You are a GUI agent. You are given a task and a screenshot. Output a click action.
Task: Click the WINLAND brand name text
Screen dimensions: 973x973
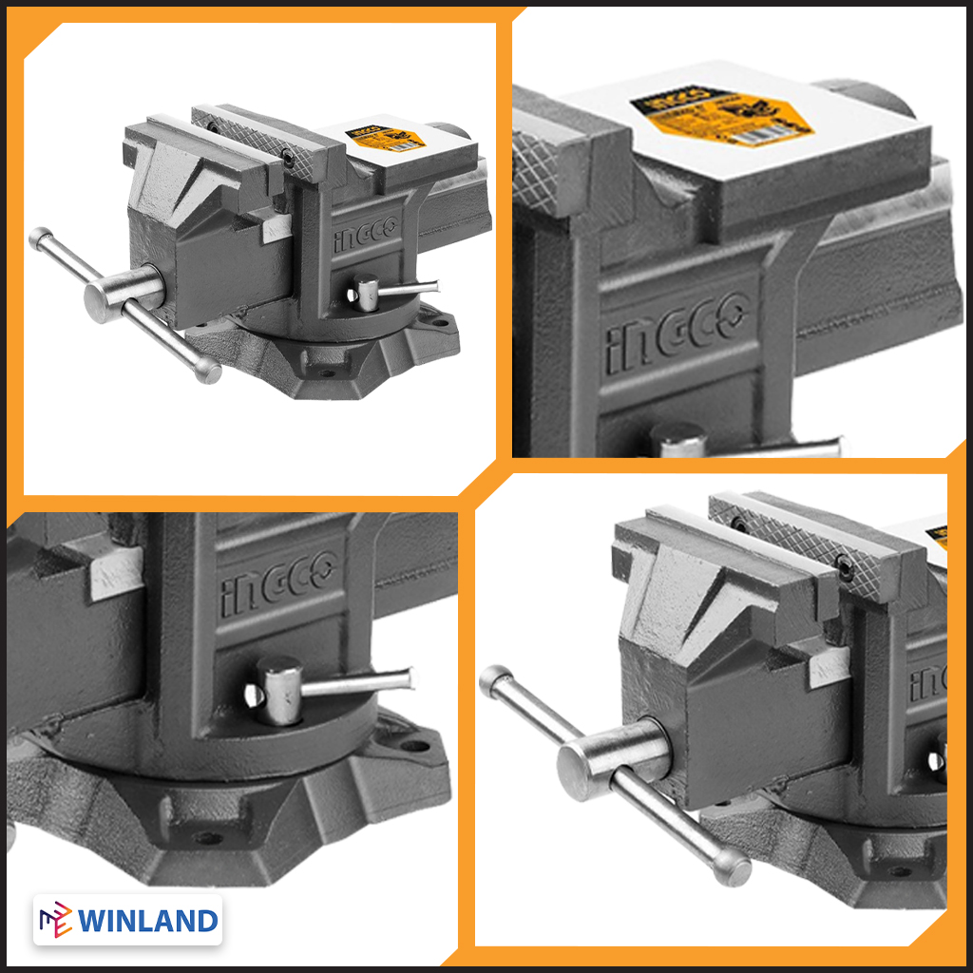click(x=148, y=921)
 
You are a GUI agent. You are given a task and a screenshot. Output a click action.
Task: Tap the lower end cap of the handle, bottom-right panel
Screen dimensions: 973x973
click(x=732, y=865)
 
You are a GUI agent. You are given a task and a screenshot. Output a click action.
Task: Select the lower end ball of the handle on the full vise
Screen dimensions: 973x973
click(x=208, y=371)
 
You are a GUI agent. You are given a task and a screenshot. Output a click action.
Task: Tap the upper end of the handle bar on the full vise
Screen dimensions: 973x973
click(x=39, y=238)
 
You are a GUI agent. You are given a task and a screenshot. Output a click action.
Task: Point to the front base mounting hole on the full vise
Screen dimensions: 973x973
click(x=328, y=372)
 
